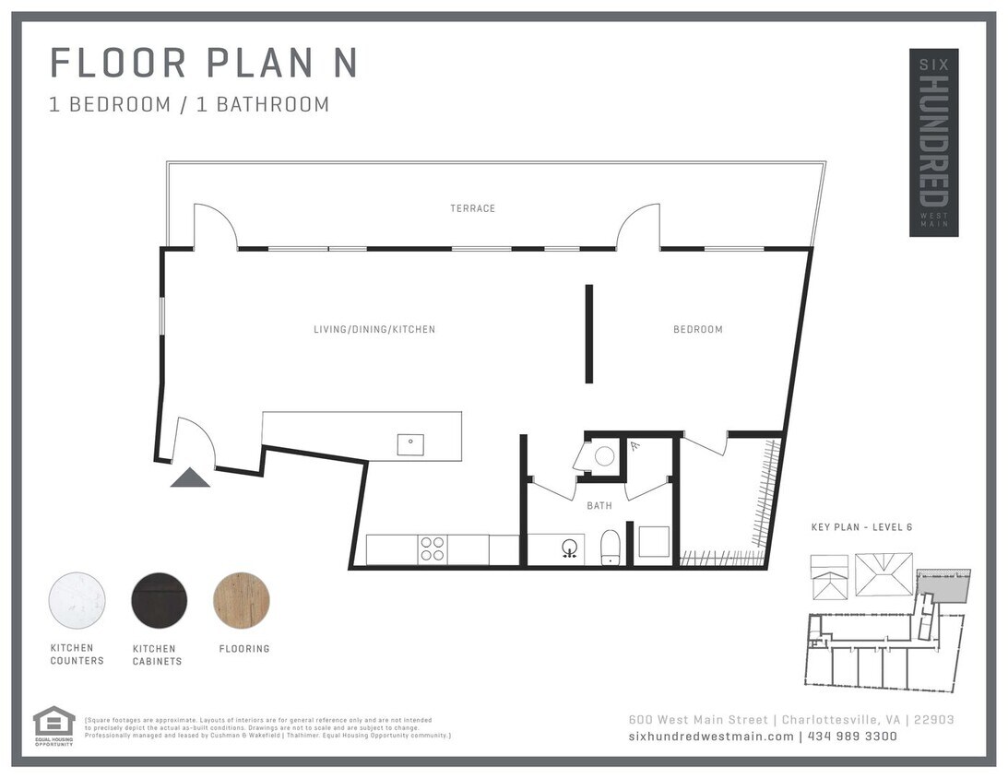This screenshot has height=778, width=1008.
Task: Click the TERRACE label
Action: pyautogui.click(x=472, y=208)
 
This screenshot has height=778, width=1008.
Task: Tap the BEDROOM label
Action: pyautogui.click(x=697, y=329)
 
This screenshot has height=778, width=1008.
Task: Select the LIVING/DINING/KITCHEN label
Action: pyautogui.click(x=374, y=329)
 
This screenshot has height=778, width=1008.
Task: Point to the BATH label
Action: pyautogui.click(x=599, y=505)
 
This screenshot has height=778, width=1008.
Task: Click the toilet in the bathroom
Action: pyautogui.click(x=611, y=547)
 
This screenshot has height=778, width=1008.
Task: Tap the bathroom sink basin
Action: pyautogui.click(x=571, y=548)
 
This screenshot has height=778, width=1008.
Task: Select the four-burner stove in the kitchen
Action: pyautogui.click(x=433, y=549)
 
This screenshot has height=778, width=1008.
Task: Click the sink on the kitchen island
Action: pyautogui.click(x=410, y=444)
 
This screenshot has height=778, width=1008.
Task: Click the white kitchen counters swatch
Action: pyautogui.click(x=77, y=600)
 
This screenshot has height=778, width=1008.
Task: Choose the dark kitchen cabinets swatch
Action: pyautogui.click(x=159, y=600)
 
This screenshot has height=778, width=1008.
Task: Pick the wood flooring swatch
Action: pyautogui.click(x=242, y=600)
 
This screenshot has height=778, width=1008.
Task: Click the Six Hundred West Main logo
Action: pyautogui.click(x=933, y=142)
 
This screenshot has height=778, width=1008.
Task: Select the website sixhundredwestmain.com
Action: pyautogui.click(x=710, y=737)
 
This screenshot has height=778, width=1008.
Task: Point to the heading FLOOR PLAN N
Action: pyautogui.click(x=203, y=63)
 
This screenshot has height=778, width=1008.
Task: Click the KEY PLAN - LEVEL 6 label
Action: pyautogui.click(x=861, y=527)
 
